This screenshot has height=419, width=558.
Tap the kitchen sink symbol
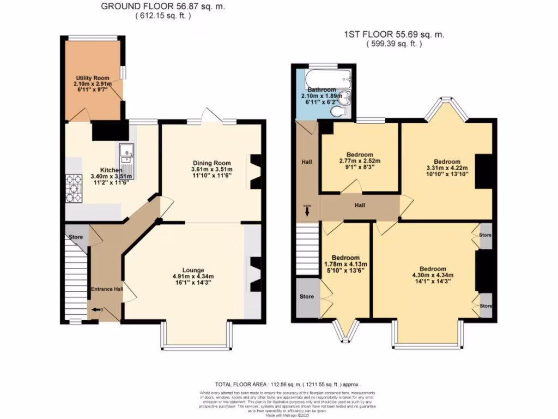click(x=126, y=152)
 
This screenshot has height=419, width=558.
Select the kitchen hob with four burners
click(x=73, y=187)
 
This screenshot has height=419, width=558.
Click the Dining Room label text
click(x=212, y=163)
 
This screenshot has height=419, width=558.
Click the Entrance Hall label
click(x=106, y=289)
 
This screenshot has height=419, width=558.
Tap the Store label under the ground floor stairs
click(x=75, y=237)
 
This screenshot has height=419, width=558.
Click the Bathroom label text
click(x=322, y=89)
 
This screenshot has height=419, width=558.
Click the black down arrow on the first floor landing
click(x=307, y=211)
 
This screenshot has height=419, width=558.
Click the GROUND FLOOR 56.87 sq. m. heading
click(x=163, y=7)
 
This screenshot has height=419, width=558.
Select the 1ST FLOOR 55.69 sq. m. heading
click(x=394, y=34)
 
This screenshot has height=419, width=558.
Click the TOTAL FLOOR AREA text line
click(x=287, y=384)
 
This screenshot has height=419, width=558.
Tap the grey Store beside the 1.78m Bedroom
click(x=307, y=297)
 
